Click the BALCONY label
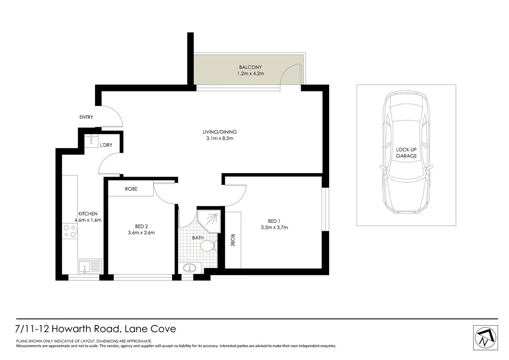[250, 67]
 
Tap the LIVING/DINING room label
[219, 132]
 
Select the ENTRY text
[86, 117]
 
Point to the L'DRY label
[105, 145]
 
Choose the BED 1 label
[274, 221]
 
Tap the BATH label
[198, 238]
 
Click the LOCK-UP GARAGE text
[406, 152]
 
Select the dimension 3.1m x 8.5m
[219, 138]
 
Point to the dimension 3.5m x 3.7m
[274, 228]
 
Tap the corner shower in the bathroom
[208, 219]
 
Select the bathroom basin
[190, 268]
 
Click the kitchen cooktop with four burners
[70, 231]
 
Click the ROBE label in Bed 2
[131, 189]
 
